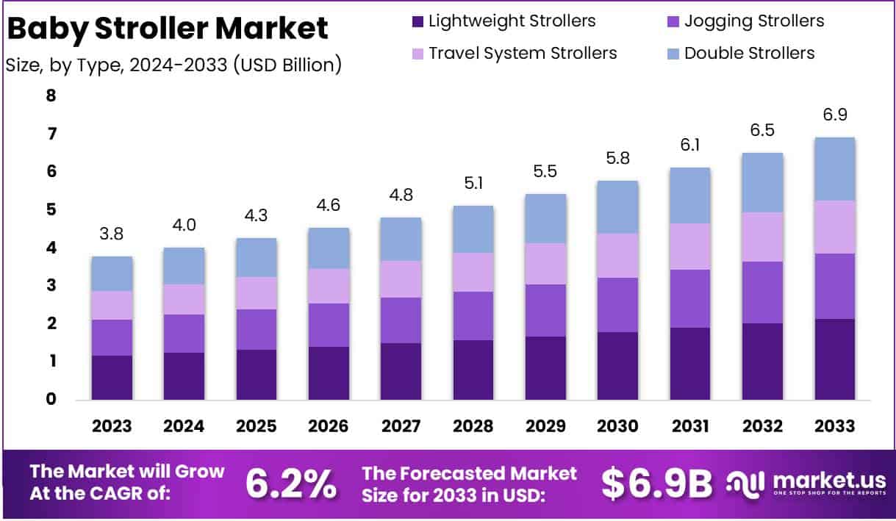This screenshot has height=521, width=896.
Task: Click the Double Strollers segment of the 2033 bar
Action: [x=835, y=169]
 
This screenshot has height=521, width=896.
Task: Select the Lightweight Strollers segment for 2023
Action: [x=112, y=377]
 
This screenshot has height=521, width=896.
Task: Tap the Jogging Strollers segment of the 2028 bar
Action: [x=473, y=316]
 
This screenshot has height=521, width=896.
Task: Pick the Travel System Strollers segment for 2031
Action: [x=690, y=246]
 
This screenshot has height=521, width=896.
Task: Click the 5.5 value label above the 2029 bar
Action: [x=545, y=171]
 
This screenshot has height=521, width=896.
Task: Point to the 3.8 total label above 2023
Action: [x=112, y=234]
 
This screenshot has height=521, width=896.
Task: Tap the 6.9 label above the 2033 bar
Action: [x=835, y=115]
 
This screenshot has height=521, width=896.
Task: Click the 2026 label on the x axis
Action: [x=329, y=426]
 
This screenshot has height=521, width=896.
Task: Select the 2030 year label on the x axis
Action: [x=617, y=426]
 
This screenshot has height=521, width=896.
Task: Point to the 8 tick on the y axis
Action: [x=51, y=96]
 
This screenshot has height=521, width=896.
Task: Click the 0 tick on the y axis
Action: [x=51, y=399]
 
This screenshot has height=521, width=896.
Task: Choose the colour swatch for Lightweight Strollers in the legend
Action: [x=417, y=21]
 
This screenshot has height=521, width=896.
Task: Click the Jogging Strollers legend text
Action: [x=753, y=21]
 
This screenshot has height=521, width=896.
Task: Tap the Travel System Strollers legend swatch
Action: [x=417, y=54]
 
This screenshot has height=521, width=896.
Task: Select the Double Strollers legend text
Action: [x=749, y=53]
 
